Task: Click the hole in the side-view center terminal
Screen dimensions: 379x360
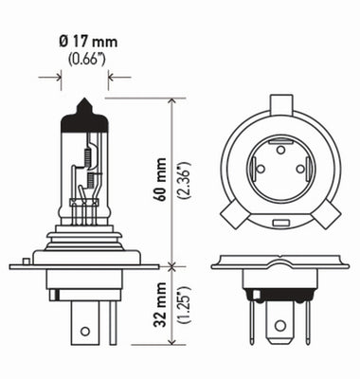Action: [x=85, y=331]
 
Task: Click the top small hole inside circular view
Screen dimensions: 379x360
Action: [x=281, y=148]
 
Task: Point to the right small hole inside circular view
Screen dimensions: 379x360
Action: [x=301, y=169]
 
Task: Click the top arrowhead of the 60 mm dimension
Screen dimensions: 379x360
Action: [x=170, y=97]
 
